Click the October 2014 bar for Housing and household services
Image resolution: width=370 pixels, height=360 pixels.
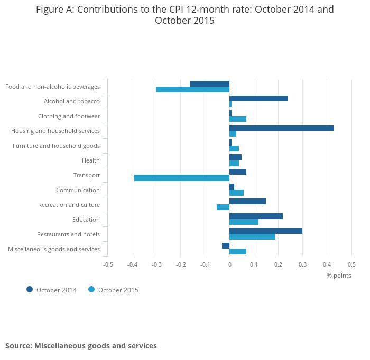pos(282,128)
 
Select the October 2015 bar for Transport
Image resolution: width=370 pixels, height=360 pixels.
pos(182,178)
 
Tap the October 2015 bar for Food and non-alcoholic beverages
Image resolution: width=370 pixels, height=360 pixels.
pos(193,89)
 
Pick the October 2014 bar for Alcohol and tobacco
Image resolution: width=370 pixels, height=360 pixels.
pos(258,98)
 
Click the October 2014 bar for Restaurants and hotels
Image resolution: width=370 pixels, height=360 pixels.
pos(266,231)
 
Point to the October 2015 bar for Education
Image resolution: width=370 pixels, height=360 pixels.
pos(244,222)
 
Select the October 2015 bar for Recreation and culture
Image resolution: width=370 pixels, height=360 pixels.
pos(223,207)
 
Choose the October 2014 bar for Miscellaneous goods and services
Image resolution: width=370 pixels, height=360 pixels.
pos(226,245)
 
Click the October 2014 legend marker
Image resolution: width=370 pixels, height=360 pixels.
pos(30,289)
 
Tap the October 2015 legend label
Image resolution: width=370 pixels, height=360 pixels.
pos(118,290)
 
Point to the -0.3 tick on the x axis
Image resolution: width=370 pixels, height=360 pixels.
pos(156,264)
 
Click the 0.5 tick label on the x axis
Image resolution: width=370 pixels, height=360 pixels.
pos(351,264)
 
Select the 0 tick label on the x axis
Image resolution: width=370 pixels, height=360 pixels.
pos(229,264)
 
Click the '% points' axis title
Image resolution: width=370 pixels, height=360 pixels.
pos(339,275)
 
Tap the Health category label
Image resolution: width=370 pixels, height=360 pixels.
pos(91,160)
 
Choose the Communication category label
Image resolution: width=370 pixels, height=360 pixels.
pos(78,190)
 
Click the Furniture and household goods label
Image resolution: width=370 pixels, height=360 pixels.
pos(56,146)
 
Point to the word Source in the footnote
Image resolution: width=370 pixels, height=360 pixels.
pos(18,346)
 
